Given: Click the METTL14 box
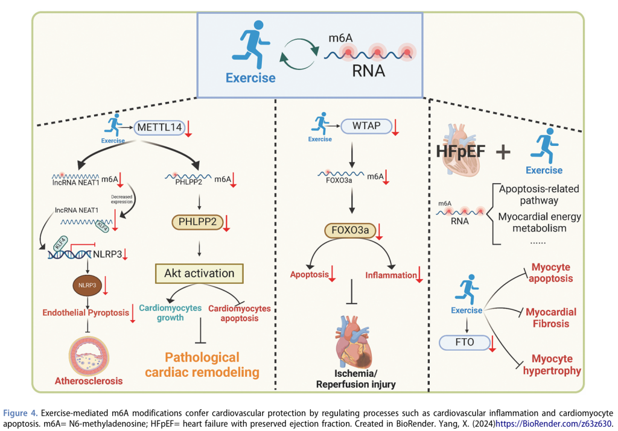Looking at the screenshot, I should [158, 127].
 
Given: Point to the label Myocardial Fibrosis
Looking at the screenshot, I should [550, 318].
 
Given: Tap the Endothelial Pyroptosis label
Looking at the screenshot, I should [85, 313].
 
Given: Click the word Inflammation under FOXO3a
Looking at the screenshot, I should [390, 275].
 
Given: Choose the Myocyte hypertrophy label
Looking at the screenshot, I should [553, 365].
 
